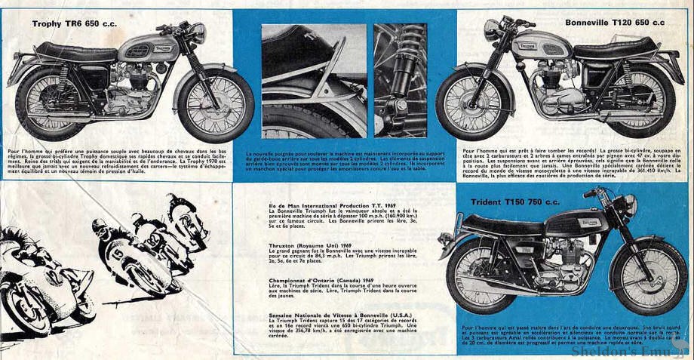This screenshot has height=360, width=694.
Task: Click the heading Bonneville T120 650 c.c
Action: [616, 23]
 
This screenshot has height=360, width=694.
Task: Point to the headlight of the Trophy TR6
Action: [198, 33]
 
